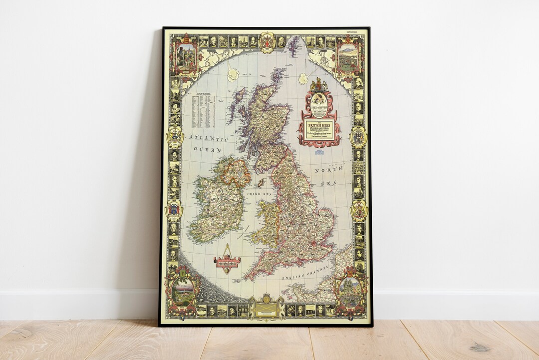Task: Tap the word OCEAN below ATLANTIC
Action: pyautogui.click(x=207, y=150)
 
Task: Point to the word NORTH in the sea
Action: pyautogui.click(x=327, y=171)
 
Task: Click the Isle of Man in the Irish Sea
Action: pyautogui.click(x=260, y=183)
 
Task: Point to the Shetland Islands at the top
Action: pyautogui.click(x=293, y=46)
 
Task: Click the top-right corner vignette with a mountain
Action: pyautogui.click(x=348, y=56)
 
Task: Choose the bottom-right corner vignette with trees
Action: pyautogui.click(x=351, y=290)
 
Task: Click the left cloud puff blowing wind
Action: pyautogui.click(x=233, y=74)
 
